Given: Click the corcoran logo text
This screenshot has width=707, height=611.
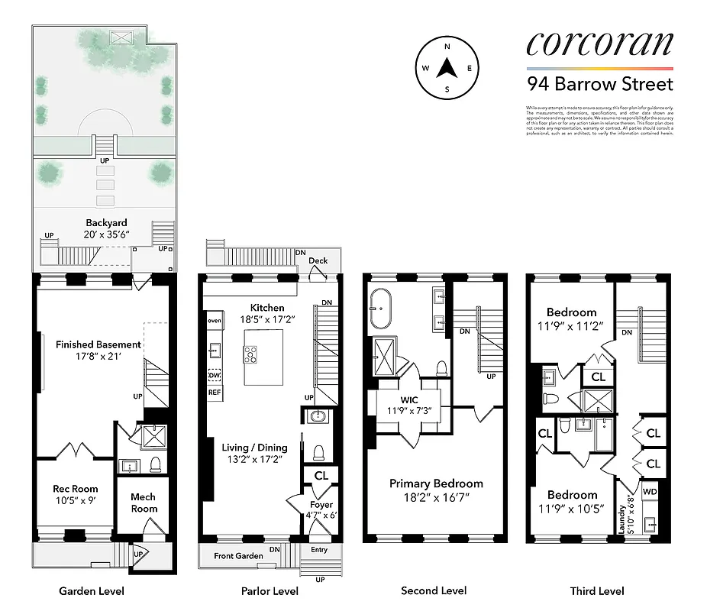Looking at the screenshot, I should coord(599,44).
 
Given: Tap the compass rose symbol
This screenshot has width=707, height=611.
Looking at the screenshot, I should coord(447,68).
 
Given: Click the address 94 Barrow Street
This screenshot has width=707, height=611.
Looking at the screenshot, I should coord(599,83).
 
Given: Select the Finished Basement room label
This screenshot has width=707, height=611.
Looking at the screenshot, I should coord(98,344).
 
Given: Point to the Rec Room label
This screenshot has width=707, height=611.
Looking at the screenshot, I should coord(75,488).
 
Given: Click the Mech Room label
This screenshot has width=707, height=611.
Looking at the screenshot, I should coord(144,503).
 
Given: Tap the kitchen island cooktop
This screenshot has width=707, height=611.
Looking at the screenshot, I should coord(252,353).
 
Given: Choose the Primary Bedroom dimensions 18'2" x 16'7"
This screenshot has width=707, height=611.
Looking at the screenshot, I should coord(436,498).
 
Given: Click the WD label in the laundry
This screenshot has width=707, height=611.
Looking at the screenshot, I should coord(650,492).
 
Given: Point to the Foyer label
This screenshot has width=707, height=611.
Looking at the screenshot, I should coord(321,504).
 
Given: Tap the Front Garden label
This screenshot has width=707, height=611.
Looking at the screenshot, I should coord(238,556).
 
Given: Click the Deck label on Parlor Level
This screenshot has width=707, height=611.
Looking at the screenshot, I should coord(318,261).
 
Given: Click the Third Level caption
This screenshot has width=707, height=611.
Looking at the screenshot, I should coord(596,591).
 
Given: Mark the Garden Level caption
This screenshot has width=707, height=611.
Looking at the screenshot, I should coord(92,591).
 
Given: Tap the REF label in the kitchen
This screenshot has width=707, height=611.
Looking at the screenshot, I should coord(215,392).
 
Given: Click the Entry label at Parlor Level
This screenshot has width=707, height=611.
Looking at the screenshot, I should coord(319,550).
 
